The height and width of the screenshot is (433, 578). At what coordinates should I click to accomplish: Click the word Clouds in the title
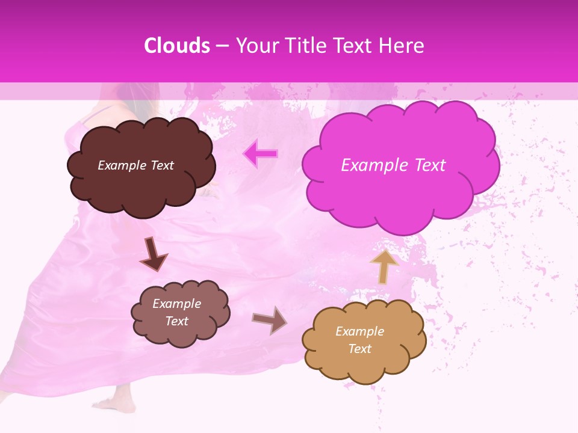click(x=177, y=46)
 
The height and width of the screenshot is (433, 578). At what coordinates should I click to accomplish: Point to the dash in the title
click(x=222, y=46)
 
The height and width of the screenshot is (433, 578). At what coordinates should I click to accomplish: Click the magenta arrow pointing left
click(x=261, y=154)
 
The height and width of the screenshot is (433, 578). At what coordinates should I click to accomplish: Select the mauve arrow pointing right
click(x=270, y=320)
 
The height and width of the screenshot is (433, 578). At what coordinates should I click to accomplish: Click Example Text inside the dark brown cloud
click(x=135, y=165)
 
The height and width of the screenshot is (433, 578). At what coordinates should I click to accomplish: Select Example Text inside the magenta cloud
click(x=393, y=165)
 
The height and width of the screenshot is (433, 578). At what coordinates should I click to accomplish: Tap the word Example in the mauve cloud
click(x=176, y=304)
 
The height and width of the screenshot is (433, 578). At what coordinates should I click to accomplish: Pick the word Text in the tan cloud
click(x=359, y=349)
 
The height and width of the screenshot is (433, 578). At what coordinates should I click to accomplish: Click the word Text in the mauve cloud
click(x=176, y=321)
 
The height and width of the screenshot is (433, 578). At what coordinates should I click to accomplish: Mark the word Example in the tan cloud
click(x=359, y=331)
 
